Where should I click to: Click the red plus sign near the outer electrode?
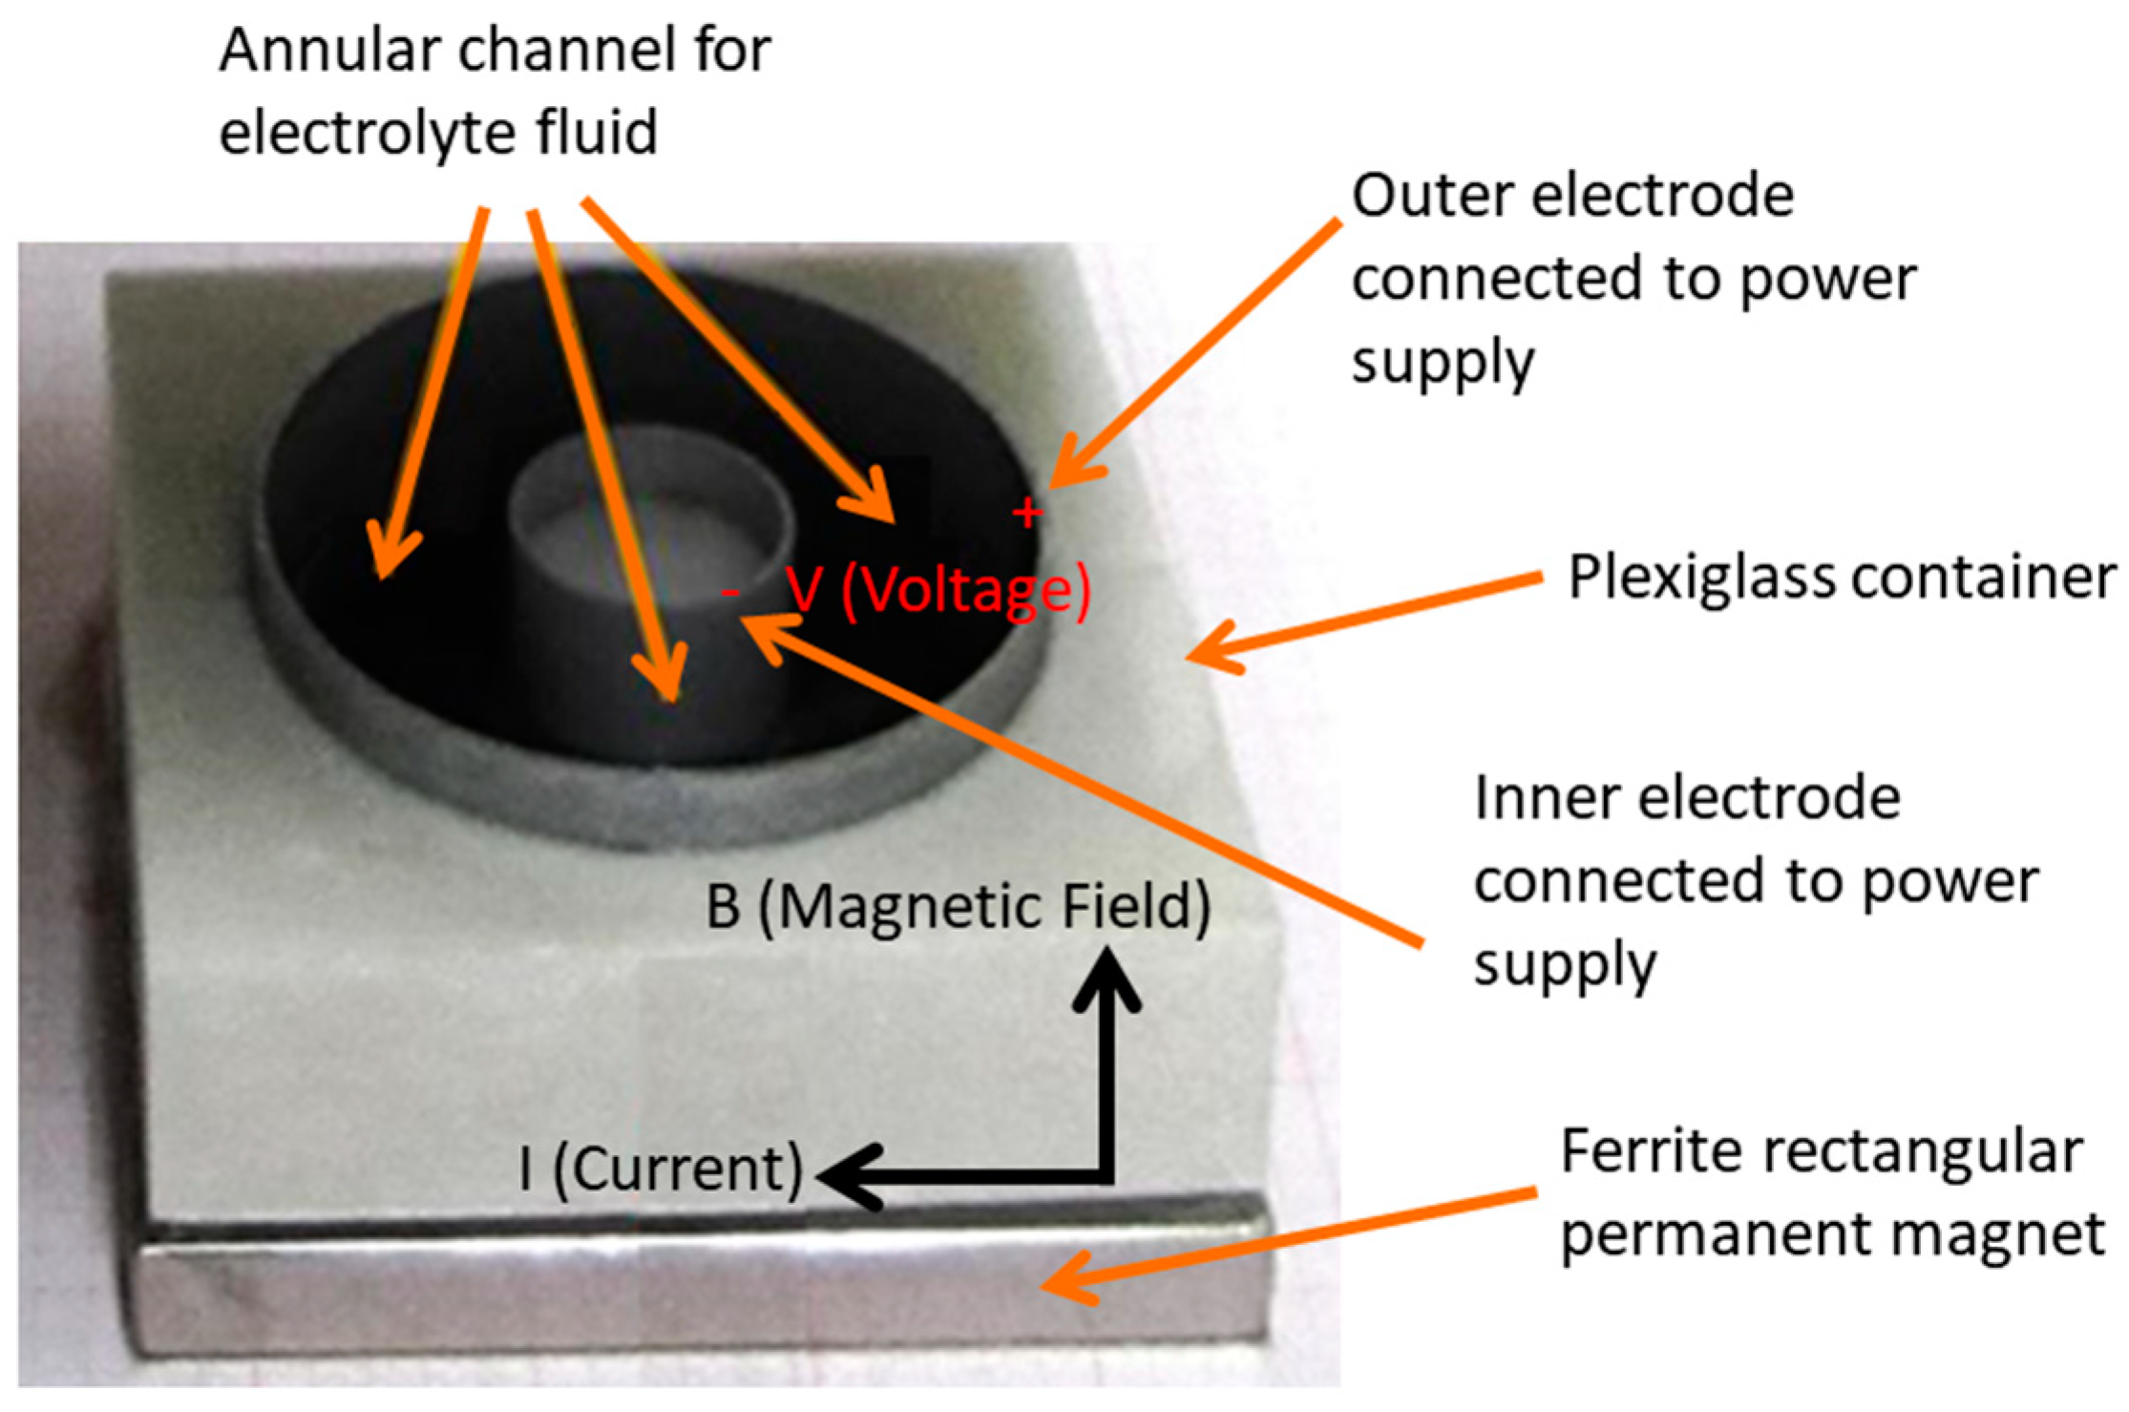tap(1026, 514)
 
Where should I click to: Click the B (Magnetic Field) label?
tap(958, 906)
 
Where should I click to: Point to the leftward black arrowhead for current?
tap(845, 1176)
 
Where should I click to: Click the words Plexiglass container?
tap(1842, 578)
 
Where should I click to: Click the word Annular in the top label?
tap(328, 50)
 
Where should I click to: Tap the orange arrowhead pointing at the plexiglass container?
tap(1208, 651)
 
